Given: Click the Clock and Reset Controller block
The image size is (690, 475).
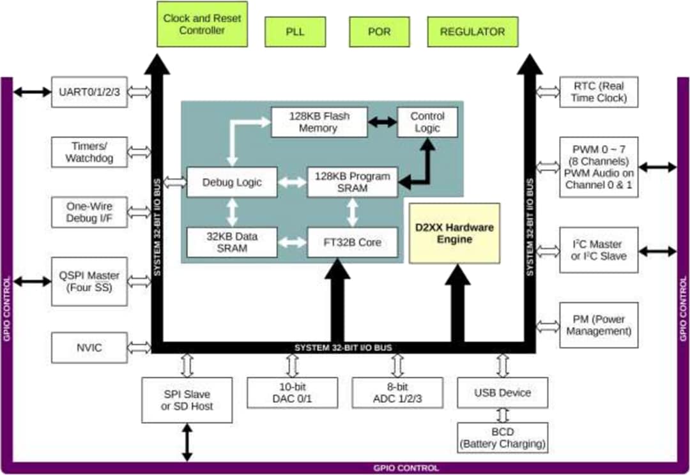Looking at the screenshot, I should tap(202, 24).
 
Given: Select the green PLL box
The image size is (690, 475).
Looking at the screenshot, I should tap(295, 32).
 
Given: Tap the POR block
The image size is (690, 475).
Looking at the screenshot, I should tap(379, 32).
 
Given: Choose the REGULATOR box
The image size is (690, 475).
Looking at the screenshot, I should tap(472, 32).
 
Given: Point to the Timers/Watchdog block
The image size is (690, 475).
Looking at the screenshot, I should tap(89, 152).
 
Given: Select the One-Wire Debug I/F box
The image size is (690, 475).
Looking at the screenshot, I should tap(89, 212).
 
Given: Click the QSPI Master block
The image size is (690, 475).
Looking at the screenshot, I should tap(89, 282).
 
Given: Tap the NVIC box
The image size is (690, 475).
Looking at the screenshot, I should tap(89, 348).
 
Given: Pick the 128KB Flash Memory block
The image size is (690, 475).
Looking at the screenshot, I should tap(319, 122).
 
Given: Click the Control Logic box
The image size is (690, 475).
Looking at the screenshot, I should tap(427, 122).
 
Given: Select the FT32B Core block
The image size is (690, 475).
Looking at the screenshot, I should tap(353, 243).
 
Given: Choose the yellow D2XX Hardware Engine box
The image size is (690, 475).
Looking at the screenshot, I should tap(454, 234).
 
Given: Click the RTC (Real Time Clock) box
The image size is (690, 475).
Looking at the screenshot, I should tap(599, 92).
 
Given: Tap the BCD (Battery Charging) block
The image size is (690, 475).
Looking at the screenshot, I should tap(502, 438).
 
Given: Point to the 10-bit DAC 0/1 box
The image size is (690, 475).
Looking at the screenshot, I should tap(292, 393).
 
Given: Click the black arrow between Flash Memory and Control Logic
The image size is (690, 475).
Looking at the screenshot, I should tap(382, 122).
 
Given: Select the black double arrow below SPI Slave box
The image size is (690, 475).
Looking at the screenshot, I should tap(187, 442).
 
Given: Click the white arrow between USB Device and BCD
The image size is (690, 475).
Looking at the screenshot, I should tap(502, 415).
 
